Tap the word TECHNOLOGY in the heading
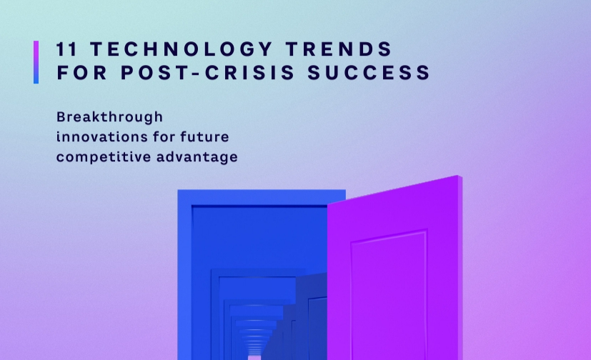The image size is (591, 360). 182,49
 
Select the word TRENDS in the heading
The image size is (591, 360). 339,49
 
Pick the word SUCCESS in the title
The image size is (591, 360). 369,72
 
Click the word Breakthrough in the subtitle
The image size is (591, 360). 109,116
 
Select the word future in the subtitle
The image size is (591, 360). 204,136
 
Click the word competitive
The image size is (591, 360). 104,157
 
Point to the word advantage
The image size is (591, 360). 197,157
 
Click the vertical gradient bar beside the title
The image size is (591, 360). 36,62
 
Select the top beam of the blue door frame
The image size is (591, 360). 262,197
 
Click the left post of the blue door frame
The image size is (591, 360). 184,275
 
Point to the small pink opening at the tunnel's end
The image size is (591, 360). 254,357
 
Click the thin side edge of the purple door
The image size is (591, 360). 460,268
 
